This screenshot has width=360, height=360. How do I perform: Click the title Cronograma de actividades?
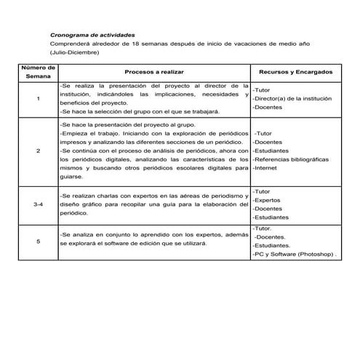point(92,35)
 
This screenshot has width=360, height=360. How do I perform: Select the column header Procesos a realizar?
point(154,73)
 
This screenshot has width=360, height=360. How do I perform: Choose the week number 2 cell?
point(38,151)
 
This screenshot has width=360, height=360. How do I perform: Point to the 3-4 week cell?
point(38,206)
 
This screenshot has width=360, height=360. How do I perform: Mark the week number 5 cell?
point(38,241)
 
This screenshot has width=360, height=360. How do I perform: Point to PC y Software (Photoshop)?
point(295,255)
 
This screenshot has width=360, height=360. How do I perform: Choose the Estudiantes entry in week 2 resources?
point(271,151)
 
